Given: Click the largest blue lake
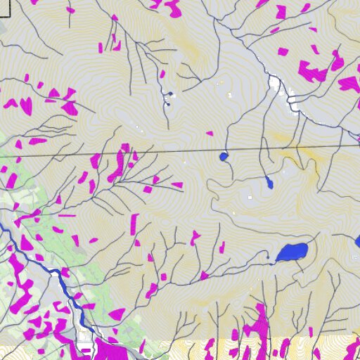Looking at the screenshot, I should click(292, 252).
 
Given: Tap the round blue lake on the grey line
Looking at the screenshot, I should click(224, 156).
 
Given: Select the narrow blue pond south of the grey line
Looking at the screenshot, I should click(269, 184).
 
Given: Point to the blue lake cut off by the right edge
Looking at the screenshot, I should click(357, 243).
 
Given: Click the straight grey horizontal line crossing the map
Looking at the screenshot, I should click(176, 150).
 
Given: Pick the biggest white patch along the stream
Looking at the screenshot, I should click(275, 84).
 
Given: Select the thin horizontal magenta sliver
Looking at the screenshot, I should click(67, 215).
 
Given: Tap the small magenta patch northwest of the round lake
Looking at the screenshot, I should click(209, 134).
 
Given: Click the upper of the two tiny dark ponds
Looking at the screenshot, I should click(169, 94).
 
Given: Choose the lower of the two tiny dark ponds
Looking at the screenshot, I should click(167, 104).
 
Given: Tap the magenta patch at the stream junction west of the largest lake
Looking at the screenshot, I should click(204, 276).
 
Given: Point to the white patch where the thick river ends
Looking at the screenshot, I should click(86, 347).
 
